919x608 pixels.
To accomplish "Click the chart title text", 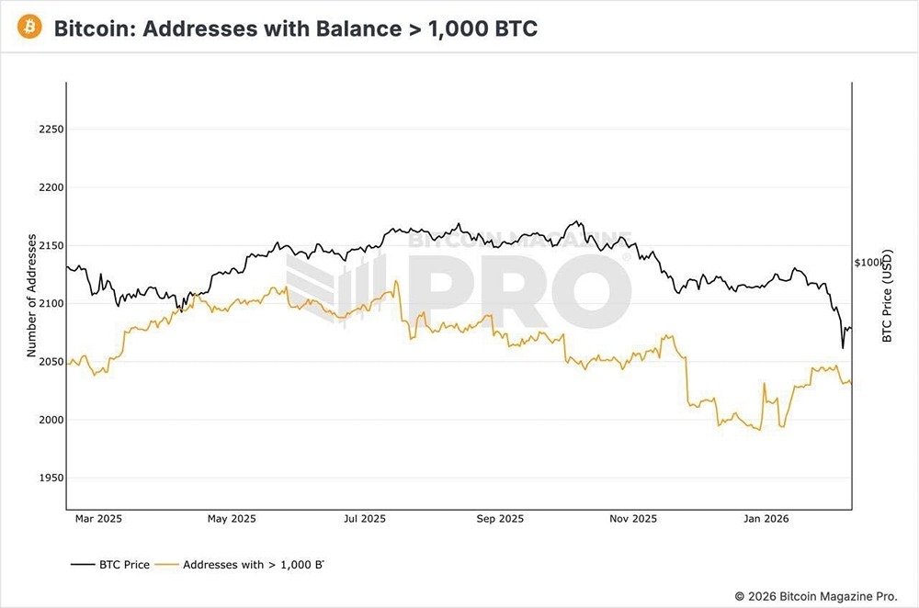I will pyautogui.click(x=295, y=28).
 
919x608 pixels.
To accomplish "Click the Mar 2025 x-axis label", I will pyautogui.click(x=97, y=519).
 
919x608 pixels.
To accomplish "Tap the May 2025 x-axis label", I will pyautogui.click(x=231, y=519).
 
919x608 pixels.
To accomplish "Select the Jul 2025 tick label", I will pyautogui.click(x=364, y=519).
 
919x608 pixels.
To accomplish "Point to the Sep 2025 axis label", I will pyautogui.click(x=499, y=519).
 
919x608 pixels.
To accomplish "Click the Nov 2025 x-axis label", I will pyautogui.click(x=632, y=519).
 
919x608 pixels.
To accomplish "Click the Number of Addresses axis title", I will pyautogui.click(x=31, y=296).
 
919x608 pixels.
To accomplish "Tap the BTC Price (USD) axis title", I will pyautogui.click(x=887, y=296).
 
